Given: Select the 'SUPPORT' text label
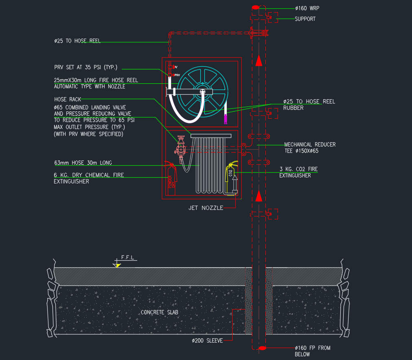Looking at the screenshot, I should pos(305,19).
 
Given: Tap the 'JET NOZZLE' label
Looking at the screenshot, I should pos(206,208).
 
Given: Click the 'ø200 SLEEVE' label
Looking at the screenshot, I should pos(207,340).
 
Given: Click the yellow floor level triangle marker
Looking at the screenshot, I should pos(118,265).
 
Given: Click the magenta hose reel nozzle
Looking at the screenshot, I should pos(225,119).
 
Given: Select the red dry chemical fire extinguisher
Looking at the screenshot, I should pos(171,178).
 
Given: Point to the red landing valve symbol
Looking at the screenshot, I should pos(180,146).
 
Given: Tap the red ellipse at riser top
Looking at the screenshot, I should pos(255,7).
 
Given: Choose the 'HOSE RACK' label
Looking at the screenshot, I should pos(68,99).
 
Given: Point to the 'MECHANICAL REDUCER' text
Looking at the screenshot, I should pos(310,144).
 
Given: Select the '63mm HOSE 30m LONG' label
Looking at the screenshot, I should pos(83,163).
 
